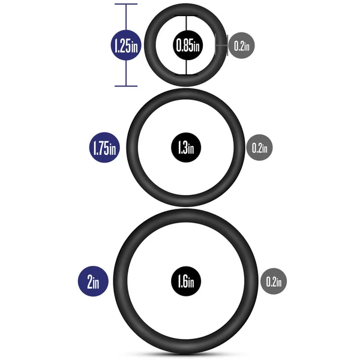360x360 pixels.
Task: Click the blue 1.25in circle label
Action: click(x=126, y=45)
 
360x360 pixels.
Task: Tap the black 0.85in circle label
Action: click(x=188, y=45)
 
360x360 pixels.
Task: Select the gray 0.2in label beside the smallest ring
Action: click(x=242, y=46)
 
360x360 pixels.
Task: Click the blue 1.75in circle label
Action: click(x=104, y=148)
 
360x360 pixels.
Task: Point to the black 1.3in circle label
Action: click(x=186, y=148)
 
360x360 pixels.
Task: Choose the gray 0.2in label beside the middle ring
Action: click(x=259, y=148)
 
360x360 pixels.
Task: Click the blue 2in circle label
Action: click(x=93, y=281)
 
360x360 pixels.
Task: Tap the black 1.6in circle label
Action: click(x=186, y=281)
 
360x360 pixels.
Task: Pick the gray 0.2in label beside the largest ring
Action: click(x=274, y=281)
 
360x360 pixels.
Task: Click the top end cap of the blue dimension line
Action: click(x=126, y=4)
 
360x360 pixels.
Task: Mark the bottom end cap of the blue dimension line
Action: click(x=126, y=86)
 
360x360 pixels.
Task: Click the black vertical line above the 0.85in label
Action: click(x=186, y=23)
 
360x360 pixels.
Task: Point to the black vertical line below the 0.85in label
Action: click(x=186, y=67)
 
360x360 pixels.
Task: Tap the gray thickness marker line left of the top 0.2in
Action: click(x=221, y=46)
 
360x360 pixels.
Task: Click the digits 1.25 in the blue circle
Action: click(x=123, y=46)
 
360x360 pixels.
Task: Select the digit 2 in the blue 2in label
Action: click(x=90, y=282)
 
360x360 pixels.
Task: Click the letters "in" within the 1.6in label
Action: click(x=191, y=283)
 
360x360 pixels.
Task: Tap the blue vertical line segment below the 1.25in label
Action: click(x=126, y=73)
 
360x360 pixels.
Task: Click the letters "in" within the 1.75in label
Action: click(x=113, y=149)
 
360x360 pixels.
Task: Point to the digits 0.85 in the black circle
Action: click(x=185, y=46)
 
